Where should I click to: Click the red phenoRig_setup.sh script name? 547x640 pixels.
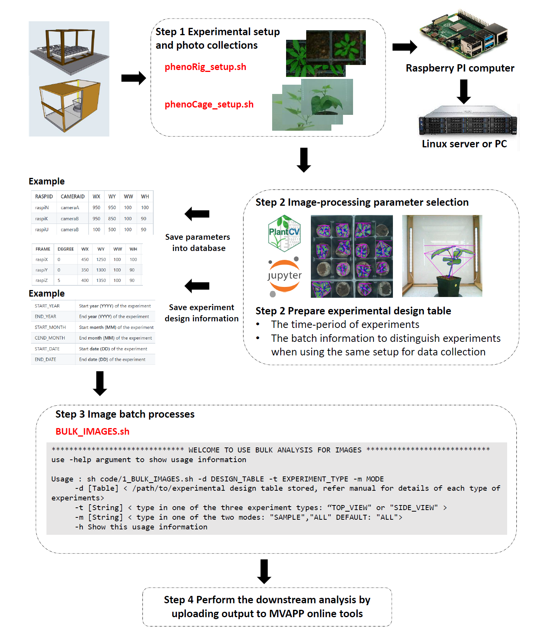pyautogui.click(x=205, y=67)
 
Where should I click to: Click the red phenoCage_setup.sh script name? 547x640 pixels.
pyautogui.click(x=209, y=104)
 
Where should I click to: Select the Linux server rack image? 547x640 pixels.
pyautogui.click(x=468, y=120)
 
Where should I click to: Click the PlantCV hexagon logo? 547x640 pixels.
pyautogui.click(x=285, y=233)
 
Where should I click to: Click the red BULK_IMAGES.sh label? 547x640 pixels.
pyautogui.click(x=92, y=432)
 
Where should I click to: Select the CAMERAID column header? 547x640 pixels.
pyautogui.click(x=72, y=196)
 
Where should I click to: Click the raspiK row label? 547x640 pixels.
pyautogui.click(x=41, y=218)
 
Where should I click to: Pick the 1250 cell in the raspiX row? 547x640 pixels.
pyautogui.click(x=101, y=259)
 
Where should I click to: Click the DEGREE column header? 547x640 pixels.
pyautogui.click(x=65, y=249)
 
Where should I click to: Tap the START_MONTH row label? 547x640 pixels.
pyautogui.click(x=50, y=327)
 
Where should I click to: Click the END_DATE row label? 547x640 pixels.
pyautogui.click(x=45, y=359)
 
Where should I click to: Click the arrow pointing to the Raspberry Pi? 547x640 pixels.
pyautogui.click(x=405, y=47)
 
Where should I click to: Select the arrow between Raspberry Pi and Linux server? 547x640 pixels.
pyautogui.click(x=463, y=92)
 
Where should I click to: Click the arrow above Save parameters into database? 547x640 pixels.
pyautogui.click(x=197, y=214)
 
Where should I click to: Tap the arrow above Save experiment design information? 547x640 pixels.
pyautogui.click(x=197, y=286)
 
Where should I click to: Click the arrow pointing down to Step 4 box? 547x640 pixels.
pyautogui.click(x=264, y=571)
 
